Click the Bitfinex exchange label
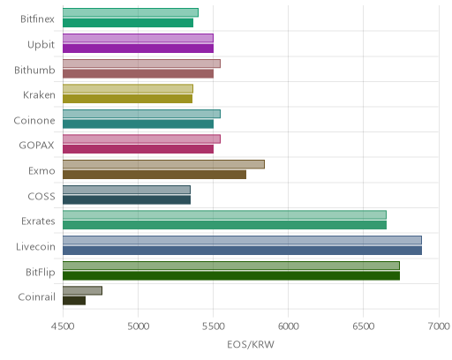(x=37, y=19)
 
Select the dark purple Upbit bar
(x=138, y=49)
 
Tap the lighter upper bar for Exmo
(x=163, y=164)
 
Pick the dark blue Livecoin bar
(x=242, y=251)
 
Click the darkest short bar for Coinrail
(x=74, y=301)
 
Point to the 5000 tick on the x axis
(x=139, y=326)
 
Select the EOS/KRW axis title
(x=251, y=344)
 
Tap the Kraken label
(x=39, y=95)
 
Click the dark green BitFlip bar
(x=231, y=276)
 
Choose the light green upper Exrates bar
(x=224, y=214)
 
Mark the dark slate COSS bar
(x=126, y=200)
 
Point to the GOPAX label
(x=36, y=146)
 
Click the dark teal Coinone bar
(x=138, y=124)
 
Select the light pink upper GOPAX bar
(x=141, y=139)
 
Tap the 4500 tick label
(x=63, y=326)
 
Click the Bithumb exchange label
(x=34, y=70)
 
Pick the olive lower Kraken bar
(x=127, y=99)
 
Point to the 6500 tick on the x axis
(x=364, y=326)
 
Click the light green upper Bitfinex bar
(x=131, y=12)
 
